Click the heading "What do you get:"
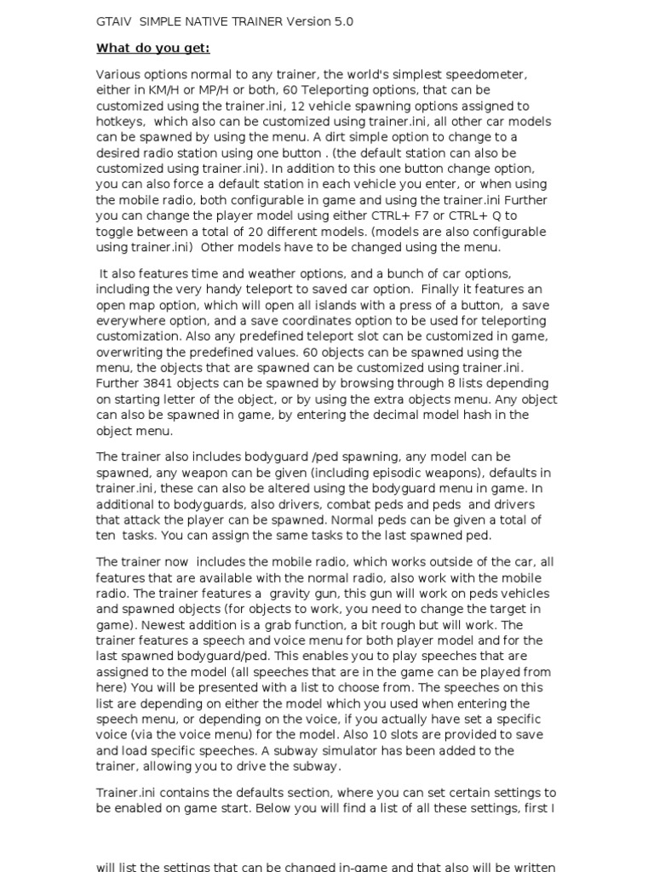point(152,48)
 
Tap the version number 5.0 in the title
point(341,21)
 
